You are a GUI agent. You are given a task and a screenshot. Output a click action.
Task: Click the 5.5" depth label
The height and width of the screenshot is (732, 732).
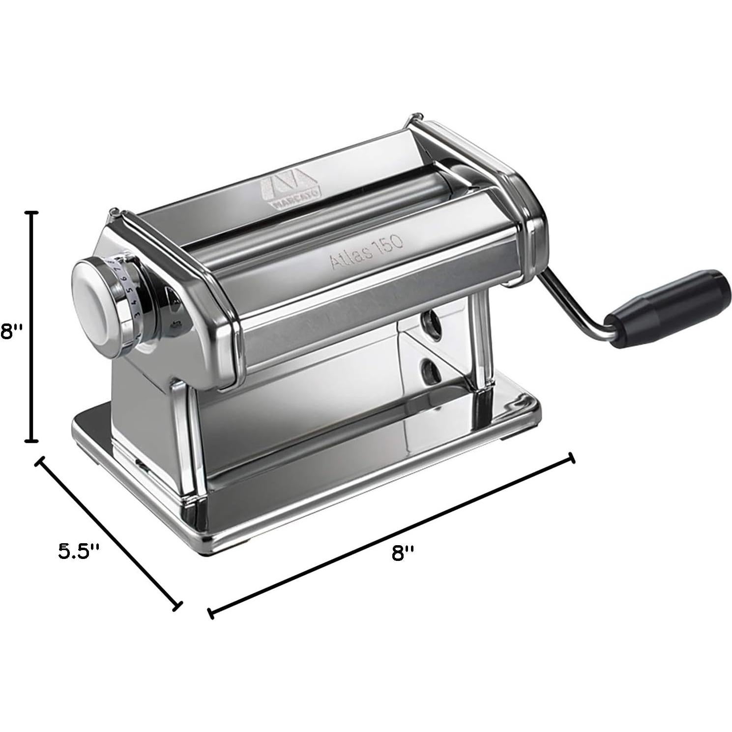pos(79,550)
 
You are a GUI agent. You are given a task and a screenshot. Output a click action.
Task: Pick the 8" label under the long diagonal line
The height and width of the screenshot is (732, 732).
pos(403,553)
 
